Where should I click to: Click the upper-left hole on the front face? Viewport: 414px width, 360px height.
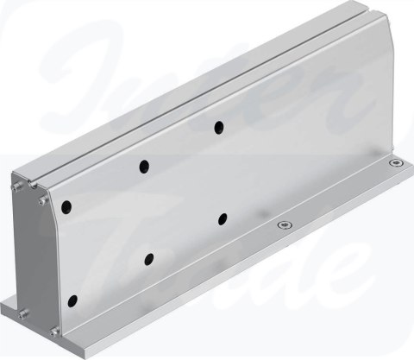[x=67, y=206]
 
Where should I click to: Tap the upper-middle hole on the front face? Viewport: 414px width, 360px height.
[x=144, y=166]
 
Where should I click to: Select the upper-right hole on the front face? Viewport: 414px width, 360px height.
[x=219, y=128]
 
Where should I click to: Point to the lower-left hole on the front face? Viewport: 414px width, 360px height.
[x=72, y=300]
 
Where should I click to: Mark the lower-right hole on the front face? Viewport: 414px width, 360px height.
[x=223, y=218]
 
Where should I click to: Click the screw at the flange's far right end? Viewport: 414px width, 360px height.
[x=395, y=162]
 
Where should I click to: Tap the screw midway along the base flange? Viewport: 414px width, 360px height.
[x=283, y=225]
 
